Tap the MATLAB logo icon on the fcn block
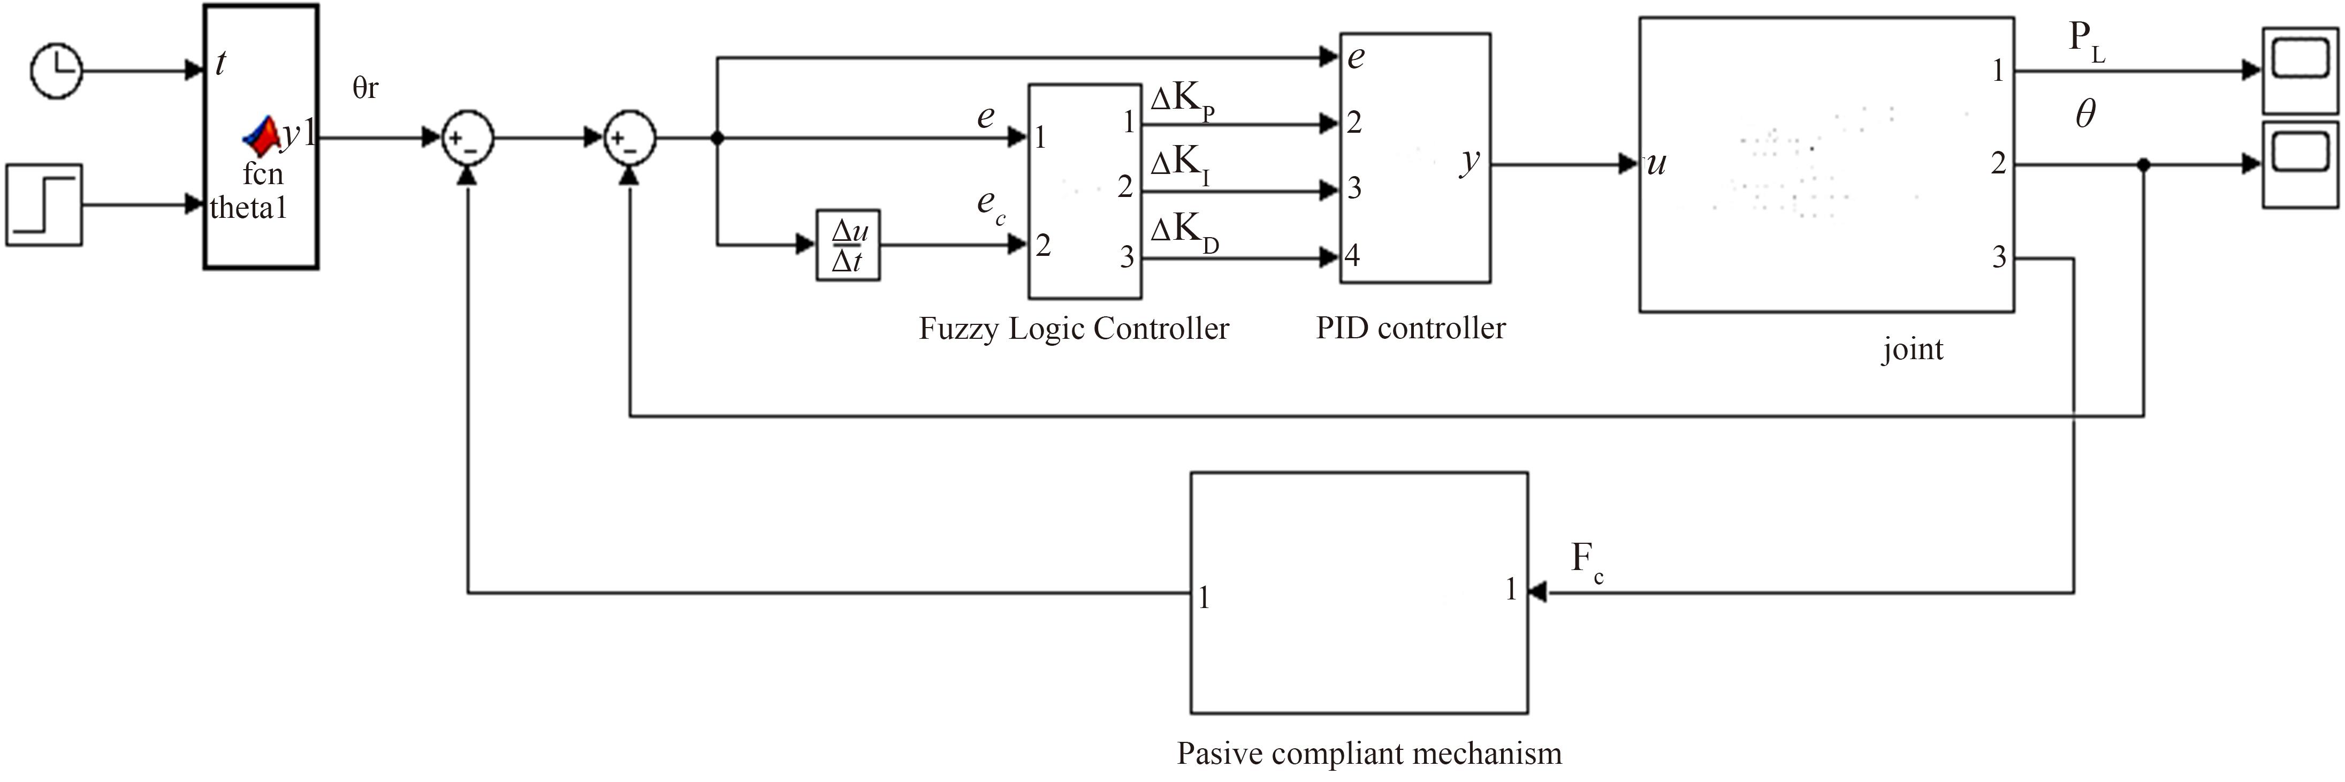[x=261, y=135]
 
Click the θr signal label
[x=365, y=88]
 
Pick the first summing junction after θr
[x=468, y=139]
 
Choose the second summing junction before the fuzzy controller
[x=630, y=139]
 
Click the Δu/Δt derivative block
[x=848, y=245]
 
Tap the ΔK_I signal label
[x=1180, y=166]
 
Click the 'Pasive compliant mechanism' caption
[x=1369, y=754]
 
